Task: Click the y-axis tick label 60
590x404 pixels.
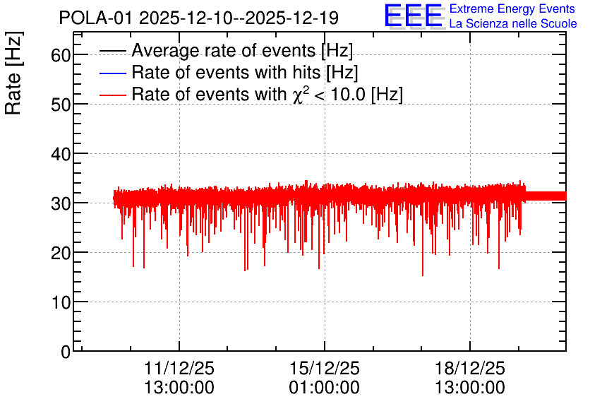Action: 61,55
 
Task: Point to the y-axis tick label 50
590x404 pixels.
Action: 61,105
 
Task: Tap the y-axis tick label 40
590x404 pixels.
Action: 61,154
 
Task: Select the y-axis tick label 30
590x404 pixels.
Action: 61,203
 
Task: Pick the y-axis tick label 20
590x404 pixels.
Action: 61,253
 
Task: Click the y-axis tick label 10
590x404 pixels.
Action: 61,302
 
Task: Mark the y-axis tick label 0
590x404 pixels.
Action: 66,352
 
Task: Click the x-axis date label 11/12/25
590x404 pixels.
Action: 179,368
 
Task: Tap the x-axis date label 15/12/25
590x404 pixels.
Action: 325,368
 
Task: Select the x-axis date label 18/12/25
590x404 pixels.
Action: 470,368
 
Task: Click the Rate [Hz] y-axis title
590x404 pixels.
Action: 13,73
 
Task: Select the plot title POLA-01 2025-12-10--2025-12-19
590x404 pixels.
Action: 199,18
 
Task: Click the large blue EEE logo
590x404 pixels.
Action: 413,16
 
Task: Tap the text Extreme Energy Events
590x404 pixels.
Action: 512,8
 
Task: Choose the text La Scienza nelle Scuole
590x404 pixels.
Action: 513,23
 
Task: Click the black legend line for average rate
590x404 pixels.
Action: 112,51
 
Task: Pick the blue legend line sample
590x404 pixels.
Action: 112,73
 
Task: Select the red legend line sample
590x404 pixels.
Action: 112,95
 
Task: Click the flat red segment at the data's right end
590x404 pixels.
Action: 546,196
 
